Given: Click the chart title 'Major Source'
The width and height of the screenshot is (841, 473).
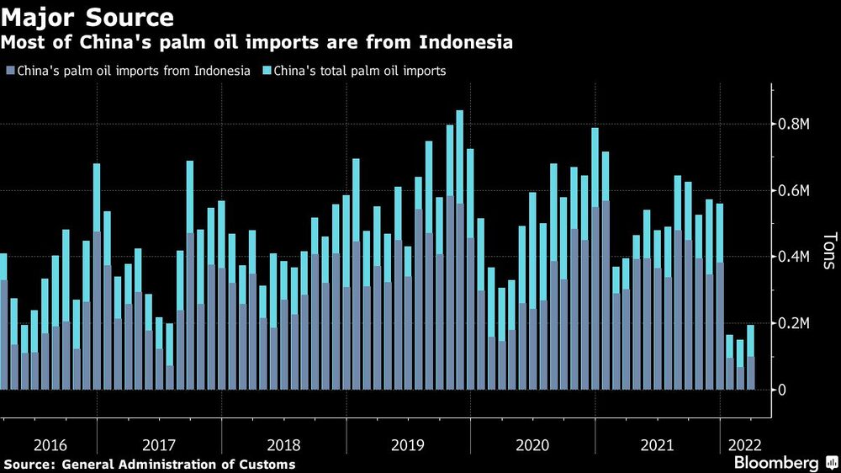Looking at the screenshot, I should (88, 17).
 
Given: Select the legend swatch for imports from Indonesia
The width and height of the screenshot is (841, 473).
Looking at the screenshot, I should (9, 71).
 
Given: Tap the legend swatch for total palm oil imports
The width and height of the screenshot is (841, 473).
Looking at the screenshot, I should (268, 71).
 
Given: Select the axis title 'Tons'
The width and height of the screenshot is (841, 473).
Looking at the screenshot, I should (828, 251).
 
